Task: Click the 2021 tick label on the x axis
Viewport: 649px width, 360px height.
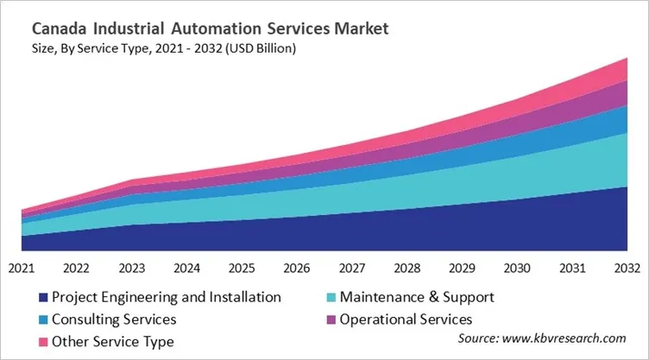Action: click(21, 268)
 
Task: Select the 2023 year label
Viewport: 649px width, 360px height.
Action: click(131, 268)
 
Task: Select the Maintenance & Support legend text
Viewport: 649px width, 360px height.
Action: click(417, 297)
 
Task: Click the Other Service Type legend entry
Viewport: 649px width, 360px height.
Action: click(112, 342)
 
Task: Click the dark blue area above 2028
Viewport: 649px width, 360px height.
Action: click(406, 231)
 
